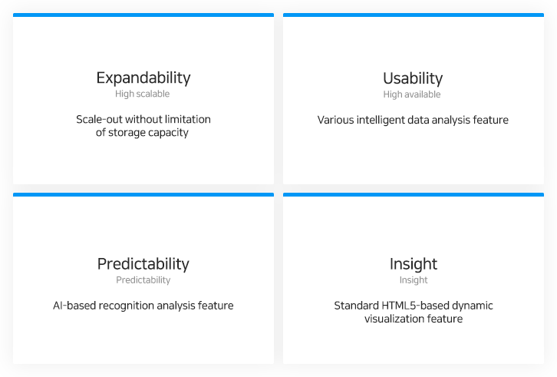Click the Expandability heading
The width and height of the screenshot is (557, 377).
point(143,78)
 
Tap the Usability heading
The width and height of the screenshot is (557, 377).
point(413,78)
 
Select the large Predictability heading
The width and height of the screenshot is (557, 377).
point(143,264)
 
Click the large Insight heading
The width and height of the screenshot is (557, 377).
point(413,264)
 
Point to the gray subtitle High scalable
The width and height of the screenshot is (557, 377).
point(142,94)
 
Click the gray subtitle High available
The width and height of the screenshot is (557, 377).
point(412,94)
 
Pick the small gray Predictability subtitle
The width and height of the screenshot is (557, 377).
point(143,280)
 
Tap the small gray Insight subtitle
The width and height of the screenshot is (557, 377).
point(413,280)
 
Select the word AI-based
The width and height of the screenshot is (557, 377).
point(74,306)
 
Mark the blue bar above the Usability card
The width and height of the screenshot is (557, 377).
point(414,15)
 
